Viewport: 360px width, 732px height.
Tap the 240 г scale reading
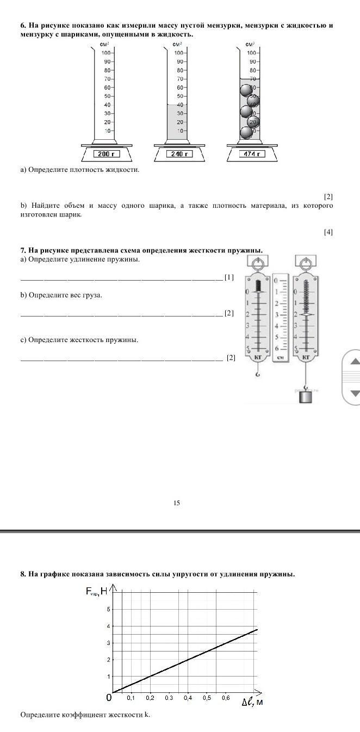coord(179,154)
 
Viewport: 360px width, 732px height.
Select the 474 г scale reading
coord(252,154)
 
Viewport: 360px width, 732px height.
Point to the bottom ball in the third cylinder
coord(246,132)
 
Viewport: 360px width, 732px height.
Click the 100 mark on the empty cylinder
coord(107,53)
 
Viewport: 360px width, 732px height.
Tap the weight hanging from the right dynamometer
coord(307,396)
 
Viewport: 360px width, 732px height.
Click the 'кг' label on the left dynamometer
coord(258,357)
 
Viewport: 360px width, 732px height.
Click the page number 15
coord(177,503)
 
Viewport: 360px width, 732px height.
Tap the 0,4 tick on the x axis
coord(188,698)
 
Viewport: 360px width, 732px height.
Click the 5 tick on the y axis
coord(108,609)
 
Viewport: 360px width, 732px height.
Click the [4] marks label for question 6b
coord(328,232)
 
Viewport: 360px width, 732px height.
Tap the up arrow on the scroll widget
coord(354,361)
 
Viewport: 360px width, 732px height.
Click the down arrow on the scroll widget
coord(354,393)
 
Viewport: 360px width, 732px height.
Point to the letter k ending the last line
coord(147,715)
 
